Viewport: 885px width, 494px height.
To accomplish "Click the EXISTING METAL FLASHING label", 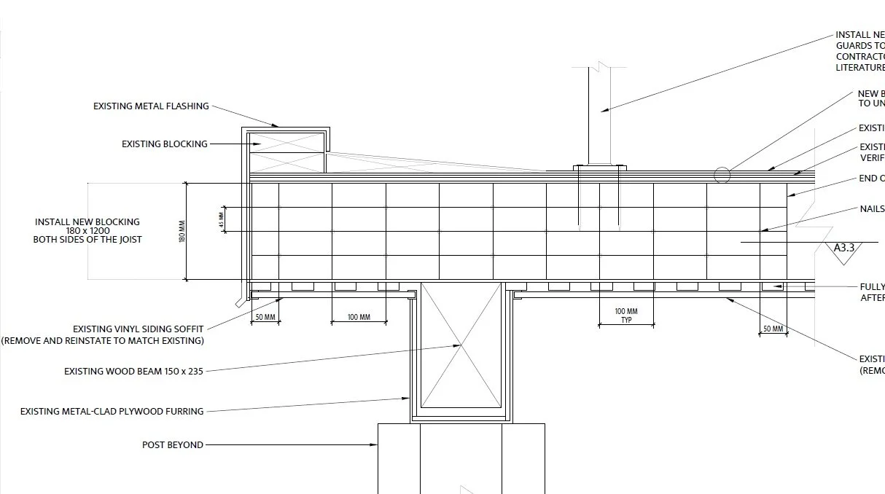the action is [151, 106].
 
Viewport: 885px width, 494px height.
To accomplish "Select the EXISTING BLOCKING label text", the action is [165, 144].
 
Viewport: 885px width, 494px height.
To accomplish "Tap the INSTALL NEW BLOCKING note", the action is [87, 231].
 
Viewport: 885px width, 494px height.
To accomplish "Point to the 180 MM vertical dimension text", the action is [182, 232].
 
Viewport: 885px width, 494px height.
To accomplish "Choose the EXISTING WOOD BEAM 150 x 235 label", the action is [133, 372].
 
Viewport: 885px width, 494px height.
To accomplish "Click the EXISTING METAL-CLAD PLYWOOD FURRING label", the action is [112, 412].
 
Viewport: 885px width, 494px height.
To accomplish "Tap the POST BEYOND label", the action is [173, 445].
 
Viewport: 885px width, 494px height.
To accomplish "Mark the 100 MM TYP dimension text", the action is [626, 315].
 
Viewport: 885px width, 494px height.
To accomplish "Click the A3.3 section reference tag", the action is [844, 248].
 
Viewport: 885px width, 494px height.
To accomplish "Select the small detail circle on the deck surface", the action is [722, 175].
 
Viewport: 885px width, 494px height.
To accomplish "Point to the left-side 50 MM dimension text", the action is [265, 318].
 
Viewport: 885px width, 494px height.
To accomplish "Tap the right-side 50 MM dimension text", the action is [773, 329].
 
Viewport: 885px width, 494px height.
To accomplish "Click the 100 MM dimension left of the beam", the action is [359, 318].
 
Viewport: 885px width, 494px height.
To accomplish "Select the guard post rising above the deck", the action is [600, 117].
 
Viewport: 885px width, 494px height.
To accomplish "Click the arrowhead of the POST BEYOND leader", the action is [374, 445].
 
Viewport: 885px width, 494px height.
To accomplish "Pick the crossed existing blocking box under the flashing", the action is [286, 152].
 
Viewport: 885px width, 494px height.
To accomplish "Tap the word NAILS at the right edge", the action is [872, 209].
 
